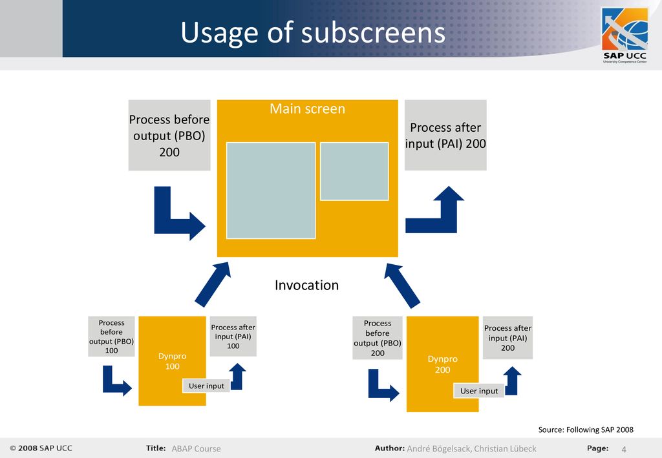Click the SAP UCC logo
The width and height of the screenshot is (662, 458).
point(625,36)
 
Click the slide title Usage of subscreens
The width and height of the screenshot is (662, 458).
point(313,33)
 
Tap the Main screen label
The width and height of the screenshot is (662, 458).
point(307,109)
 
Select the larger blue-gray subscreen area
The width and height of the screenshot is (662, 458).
point(271,191)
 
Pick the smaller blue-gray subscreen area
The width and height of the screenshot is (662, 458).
point(354,171)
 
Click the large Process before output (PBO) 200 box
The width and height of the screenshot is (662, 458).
point(169,136)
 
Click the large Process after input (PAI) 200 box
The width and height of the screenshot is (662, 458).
point(445,136)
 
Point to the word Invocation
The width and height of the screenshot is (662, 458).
point(306,285)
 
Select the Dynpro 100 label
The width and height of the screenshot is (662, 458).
point(172,361)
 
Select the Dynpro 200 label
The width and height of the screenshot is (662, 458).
point(442,364)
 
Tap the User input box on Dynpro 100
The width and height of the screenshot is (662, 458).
point(206,386)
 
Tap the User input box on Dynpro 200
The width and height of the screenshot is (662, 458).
point(479,391)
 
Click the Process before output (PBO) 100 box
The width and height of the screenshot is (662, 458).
point(111,336)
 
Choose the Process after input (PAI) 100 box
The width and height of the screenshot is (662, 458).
point(233,336)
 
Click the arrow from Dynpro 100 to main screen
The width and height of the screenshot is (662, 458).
point(212,285)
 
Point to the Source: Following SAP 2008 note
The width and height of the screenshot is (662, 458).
point(586,430)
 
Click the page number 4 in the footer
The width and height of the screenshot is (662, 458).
point(624,449)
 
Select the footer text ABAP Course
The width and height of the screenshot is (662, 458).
point(196,449)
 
